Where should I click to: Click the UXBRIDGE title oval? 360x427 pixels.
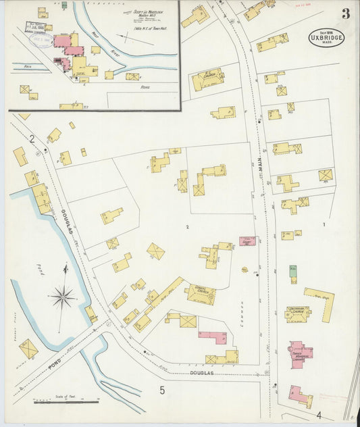point(327,36)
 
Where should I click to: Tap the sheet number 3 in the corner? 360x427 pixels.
point(345,14)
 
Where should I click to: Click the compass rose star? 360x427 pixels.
point(63,295)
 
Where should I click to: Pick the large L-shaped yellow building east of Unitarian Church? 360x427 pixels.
point(323,302)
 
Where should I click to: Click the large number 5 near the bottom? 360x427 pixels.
point(162,390)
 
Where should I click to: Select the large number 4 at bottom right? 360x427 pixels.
point(318,414)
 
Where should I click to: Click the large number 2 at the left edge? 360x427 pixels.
point(31,139)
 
